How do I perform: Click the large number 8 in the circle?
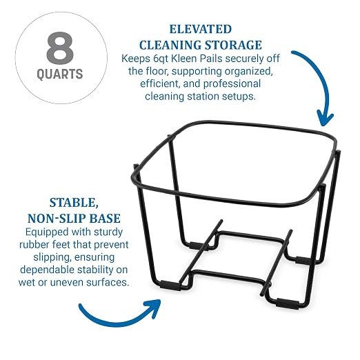coord(60,48)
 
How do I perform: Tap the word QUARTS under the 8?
coord(60,74)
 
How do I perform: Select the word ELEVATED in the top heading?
coord(201,30)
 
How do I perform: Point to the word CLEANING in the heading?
coord(170,45)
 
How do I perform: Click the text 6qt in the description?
coord(161,59)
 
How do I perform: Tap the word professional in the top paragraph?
coord(232,84)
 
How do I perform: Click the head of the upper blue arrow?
coord(325,118)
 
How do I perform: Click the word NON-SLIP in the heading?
coord(57,219)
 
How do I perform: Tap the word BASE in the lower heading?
coord(105,219)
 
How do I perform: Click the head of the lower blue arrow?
coord(152,308)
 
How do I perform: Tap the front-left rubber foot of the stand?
coord(170,286)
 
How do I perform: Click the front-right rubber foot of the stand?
coord(288,304)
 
